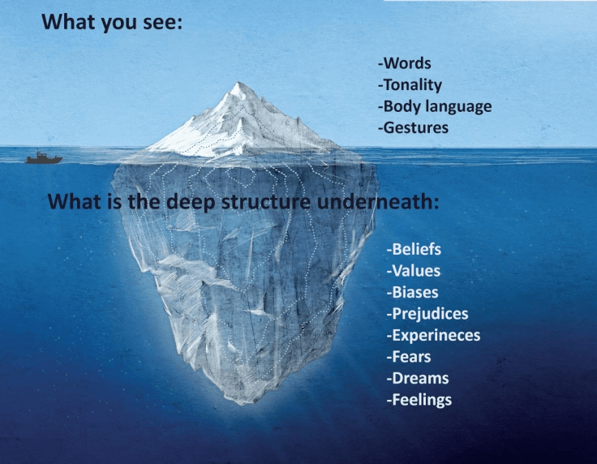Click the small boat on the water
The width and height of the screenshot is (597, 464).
pos(44,157)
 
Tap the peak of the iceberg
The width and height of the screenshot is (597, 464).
pos(238,83)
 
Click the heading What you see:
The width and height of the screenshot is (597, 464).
pos(112,22)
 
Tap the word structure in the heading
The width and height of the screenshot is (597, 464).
pos(266,201)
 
